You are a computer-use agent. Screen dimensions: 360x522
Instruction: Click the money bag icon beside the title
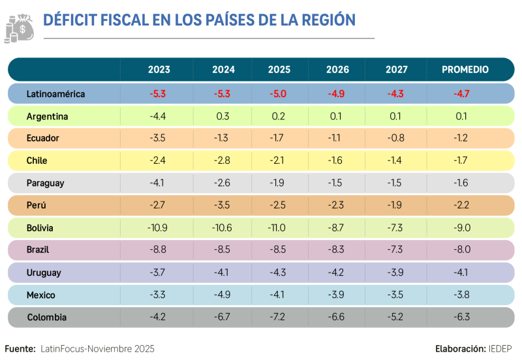click(20, 28)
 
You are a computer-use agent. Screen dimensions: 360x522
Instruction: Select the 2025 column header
click(279, 69)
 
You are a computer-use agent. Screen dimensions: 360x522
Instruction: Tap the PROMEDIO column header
click(465, 69)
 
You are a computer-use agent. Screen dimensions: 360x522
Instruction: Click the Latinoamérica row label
click(55, 93)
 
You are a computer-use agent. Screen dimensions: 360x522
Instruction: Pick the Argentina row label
click(47, 116)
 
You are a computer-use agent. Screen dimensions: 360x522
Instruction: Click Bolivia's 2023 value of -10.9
click(158, 228)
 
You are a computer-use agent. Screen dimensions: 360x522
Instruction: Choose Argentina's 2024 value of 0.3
click(223, 116)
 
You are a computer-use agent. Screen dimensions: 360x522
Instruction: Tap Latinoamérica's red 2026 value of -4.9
click(336, 93)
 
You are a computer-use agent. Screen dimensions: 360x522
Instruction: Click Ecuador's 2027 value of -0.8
click(395, 138)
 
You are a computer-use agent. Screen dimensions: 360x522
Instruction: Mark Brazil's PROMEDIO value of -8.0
click(461, 249)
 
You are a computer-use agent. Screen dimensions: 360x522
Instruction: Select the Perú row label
click(37, 205)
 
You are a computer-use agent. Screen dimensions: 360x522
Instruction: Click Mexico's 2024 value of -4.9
click(223, 295)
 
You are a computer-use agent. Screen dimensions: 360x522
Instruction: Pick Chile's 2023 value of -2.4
click(158, 160)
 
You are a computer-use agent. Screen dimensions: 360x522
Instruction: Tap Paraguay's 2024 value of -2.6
click(223, 183)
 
